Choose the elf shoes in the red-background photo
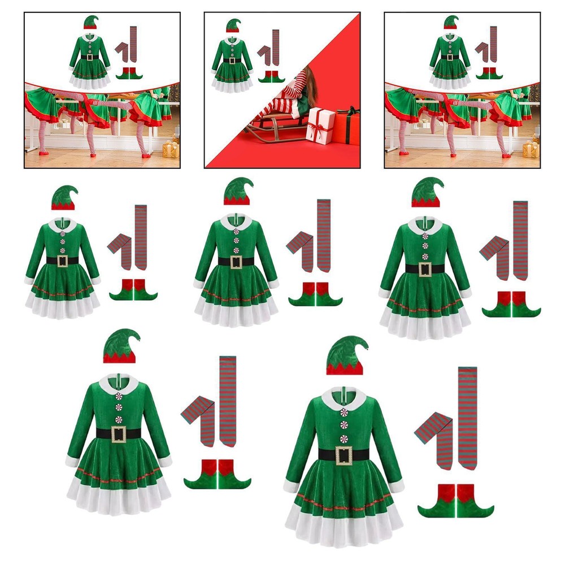tap(272, 77)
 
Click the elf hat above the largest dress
tap(345, 356)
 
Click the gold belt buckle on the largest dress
tap(344, 455)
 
